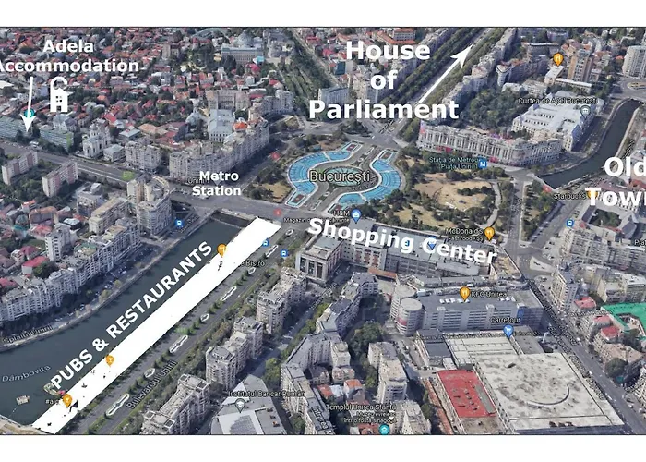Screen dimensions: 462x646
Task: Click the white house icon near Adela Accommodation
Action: (60, 95)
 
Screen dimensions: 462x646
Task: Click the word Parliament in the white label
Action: (383, 110)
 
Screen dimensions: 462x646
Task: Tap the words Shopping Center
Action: (401, 240)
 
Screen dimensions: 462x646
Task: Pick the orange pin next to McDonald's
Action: (489, 234)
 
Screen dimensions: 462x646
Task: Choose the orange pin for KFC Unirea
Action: (465, 293)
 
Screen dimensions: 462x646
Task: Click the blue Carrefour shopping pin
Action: (508, 330)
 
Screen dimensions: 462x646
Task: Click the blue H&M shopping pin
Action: (356, 215)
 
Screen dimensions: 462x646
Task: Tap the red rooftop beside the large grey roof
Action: (463, 394)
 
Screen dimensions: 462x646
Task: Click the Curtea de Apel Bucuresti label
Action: (553, 100)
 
